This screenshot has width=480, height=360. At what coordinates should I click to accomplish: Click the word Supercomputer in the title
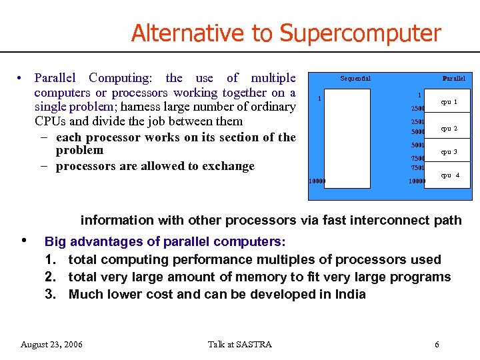(x=360, y=33)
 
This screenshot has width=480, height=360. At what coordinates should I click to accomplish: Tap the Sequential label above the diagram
(x=355, y=79)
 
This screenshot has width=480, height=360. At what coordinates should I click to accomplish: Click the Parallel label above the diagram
(x=453, y=79)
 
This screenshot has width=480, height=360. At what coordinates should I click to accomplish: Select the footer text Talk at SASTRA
(x=240, y=344)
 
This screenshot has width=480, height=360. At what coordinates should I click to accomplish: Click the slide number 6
(x=437, y=344)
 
